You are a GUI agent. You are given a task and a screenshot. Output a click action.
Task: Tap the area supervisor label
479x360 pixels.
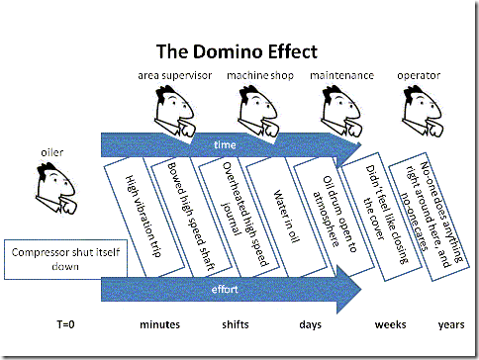pos(174,75)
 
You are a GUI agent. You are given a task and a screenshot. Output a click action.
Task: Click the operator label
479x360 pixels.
pos(421,75)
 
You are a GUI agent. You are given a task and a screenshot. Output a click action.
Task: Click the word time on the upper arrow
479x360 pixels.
pos(227,145)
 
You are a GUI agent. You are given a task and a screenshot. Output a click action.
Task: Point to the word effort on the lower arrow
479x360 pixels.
pos(227,291)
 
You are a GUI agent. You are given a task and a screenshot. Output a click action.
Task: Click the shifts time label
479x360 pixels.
pos(235,324)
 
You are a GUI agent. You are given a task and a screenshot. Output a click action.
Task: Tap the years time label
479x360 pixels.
pos(451,324)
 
